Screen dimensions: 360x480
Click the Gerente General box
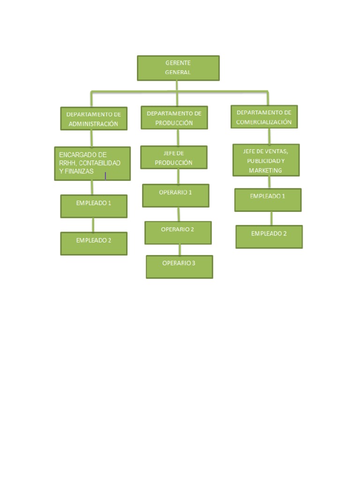[178, 68]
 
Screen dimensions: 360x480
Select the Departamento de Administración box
[94, 119]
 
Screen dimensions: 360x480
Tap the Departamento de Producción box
[174, 118]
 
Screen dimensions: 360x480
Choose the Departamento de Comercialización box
[264, 117]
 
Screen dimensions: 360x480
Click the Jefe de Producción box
[173, 157]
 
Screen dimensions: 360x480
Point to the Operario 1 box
[176, 195]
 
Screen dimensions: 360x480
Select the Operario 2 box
[178, 233]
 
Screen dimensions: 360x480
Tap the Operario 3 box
[179, 267]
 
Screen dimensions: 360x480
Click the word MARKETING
[265, 171]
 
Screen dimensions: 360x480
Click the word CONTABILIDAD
[100, 163]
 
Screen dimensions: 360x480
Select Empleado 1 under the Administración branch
[94, 206]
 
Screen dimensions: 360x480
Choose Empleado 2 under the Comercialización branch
[269, 237]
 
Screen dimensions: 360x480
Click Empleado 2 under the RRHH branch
[94, 244]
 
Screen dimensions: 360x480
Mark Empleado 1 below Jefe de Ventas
[268, 200]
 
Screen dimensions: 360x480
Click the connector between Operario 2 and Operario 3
[179, 249]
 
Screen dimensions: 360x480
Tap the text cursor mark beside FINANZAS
[105, 176]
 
